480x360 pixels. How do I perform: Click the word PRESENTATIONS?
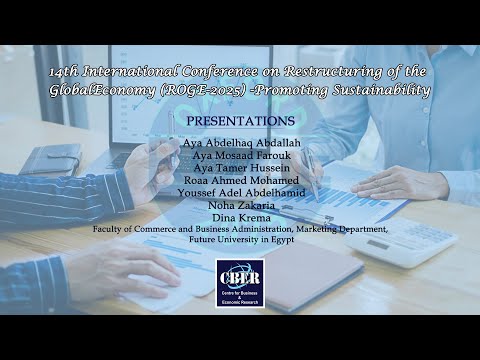click(240, 121)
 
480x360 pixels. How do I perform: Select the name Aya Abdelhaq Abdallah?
click(240, 143)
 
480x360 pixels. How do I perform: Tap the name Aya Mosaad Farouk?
click(240, 155)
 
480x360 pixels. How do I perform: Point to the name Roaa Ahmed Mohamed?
click(240, 180)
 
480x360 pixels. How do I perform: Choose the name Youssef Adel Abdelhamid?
click(240, 192)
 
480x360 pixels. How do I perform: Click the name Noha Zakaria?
click(240, 205)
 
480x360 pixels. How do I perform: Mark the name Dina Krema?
click(240, 217)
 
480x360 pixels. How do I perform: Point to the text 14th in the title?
click(65, 72)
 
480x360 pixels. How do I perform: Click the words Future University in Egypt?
click(240, 241)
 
